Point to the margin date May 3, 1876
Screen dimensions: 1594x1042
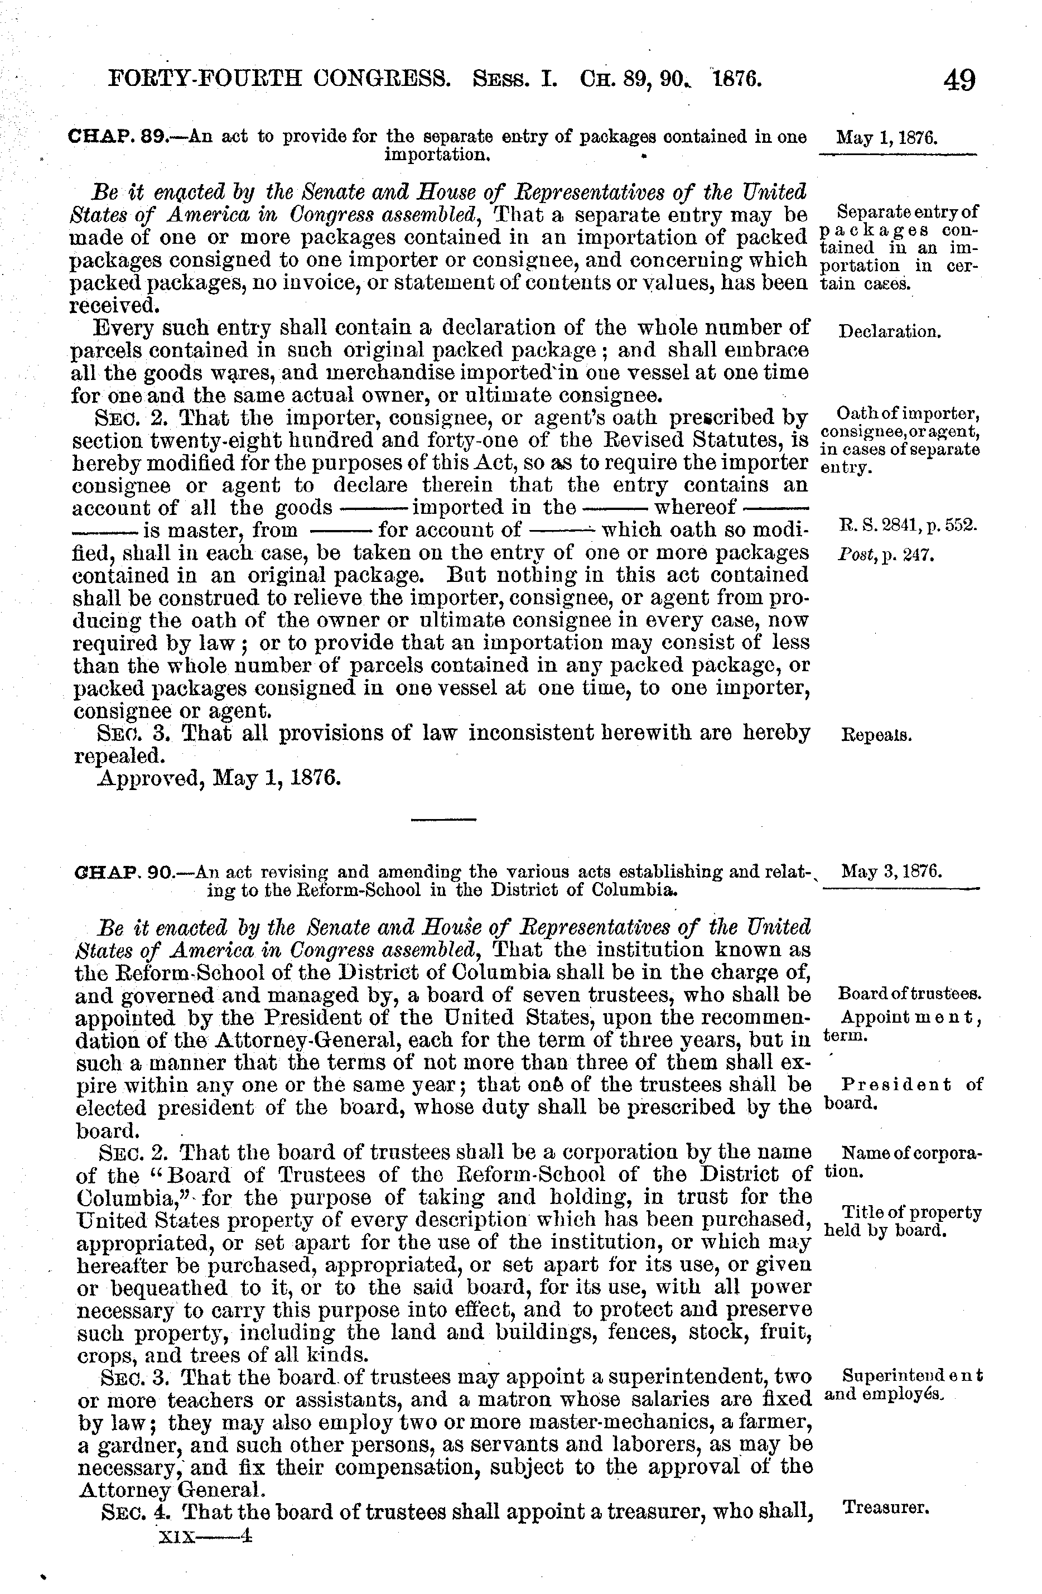point(891,871)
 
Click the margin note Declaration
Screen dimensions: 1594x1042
point(889,331)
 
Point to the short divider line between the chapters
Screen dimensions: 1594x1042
point(443,819)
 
